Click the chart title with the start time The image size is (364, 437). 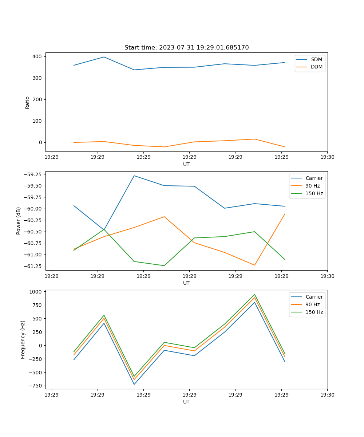point(186,48)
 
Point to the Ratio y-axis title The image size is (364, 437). point(28,102)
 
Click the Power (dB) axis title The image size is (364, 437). point(19,221)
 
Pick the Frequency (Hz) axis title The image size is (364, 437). point(23,339)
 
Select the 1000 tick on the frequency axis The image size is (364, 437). point(36,292)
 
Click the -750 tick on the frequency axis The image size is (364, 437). point(35,386)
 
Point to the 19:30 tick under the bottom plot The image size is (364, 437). point(327,394)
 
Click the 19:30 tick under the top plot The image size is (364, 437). point(327,157)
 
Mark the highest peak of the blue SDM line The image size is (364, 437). point(104,57)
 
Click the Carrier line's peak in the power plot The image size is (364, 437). point(134,176)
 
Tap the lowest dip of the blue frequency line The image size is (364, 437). point(134,384)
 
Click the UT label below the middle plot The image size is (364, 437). point(186,283)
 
